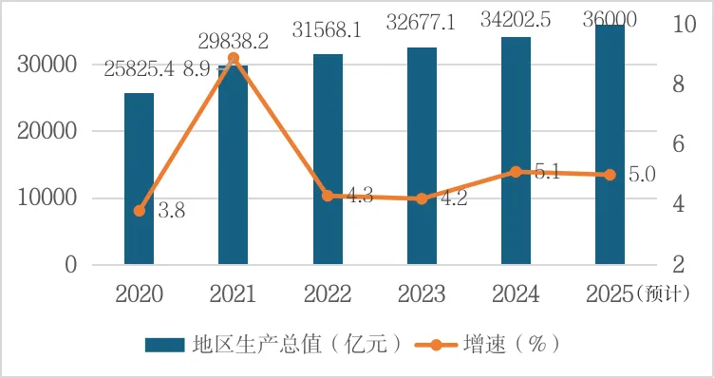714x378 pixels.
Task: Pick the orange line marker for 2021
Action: (234, 59)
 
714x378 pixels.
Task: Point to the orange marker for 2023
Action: (422, 198)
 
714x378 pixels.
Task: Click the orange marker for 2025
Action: (610, 175)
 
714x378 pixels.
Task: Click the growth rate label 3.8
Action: (170, 211)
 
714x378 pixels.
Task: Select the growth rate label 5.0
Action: (643, 174)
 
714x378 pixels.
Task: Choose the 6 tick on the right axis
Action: (677, 144)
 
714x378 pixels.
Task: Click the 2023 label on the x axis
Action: (422, 293)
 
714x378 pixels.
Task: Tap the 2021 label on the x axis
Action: (234, 293)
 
